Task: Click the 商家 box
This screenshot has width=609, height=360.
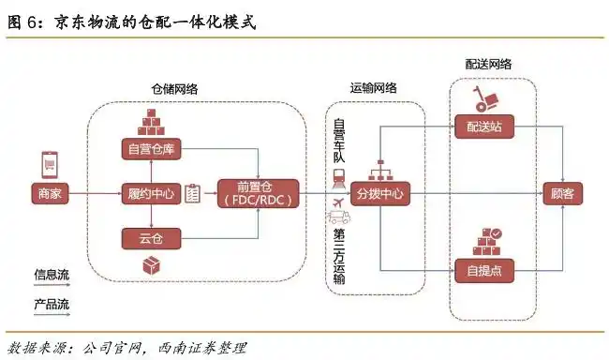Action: tap(52, 194)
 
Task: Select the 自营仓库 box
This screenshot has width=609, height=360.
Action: tap(151, 148)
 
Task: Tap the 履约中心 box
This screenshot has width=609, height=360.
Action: tap(151, 194)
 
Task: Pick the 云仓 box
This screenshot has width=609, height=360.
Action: tap(151, 240)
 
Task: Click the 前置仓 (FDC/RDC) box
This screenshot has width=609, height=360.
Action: tap(256, 194)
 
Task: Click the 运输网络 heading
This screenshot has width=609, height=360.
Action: tap(374, 87)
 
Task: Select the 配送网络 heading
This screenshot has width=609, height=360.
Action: tap(488, 64)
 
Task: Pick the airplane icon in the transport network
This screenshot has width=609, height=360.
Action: tap(338, 202)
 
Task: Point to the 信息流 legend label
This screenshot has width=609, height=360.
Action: tap(52, 274)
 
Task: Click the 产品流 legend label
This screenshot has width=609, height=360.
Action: tap(52, 304)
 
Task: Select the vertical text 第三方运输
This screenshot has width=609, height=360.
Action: tap(338, 254)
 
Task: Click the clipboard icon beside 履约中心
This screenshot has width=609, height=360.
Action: tap(194, 194)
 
